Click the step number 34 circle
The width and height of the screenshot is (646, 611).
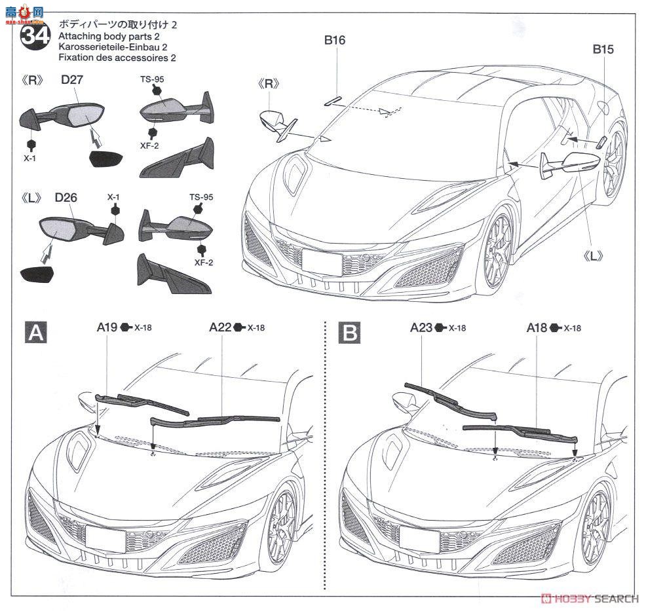[33, 37]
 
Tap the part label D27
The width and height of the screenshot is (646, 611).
[74, 81]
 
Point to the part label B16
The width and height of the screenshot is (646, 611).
[334, 41]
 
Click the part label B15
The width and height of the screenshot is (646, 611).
[603, 49]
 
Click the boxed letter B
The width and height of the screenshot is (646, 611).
[350, 334]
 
